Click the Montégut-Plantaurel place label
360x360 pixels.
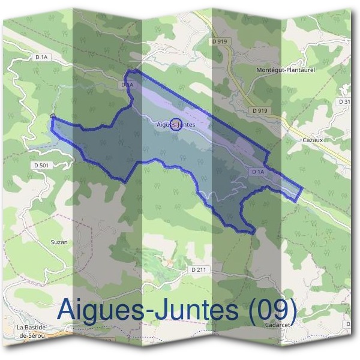click(286, 70)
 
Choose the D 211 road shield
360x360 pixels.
click(200, 270)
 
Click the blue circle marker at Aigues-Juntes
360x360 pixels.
click(176, 124)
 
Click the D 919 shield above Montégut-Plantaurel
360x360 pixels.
click(220, 41)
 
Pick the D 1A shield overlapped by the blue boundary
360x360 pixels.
click(126, 86)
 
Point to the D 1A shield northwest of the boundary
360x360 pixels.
click(41, 57)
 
